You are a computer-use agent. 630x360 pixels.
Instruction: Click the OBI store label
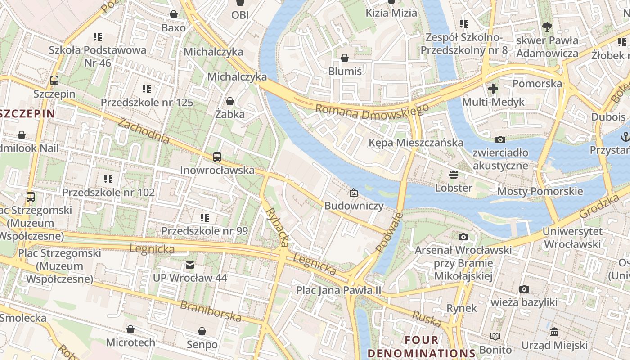click(x=240, y=15)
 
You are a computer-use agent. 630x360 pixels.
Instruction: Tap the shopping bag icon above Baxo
click(x=174, y=14)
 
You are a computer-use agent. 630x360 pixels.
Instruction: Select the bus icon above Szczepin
click(x=54, y=81)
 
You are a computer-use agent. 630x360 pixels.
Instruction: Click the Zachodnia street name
click(x=144, y=131)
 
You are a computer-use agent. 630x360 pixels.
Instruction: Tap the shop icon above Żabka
click(x=230, y=101)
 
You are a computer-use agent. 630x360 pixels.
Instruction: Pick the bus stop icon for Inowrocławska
click(x=217, y=157)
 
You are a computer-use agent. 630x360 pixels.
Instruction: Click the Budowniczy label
click(x=354, y=206)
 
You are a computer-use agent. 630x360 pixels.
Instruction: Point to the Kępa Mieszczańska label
click(x=415, y=143)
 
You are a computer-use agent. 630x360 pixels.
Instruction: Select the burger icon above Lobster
click(x=454, y=174)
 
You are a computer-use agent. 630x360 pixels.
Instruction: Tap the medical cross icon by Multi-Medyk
click(x=493, y=89)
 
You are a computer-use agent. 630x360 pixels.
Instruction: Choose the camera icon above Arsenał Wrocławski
click(x=463, y=237)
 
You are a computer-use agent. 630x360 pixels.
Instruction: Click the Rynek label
click(x=462, y=308)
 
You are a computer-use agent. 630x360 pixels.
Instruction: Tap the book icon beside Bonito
click(x=495, y=336)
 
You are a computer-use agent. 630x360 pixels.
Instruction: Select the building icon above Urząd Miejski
click(x=554, y=332)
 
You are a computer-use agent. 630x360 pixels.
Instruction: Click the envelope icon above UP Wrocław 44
click(x=190, y=265)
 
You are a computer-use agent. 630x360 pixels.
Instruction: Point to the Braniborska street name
click(x=211, y=310)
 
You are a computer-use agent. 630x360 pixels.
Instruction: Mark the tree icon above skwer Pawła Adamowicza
click(x=547, y=27)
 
